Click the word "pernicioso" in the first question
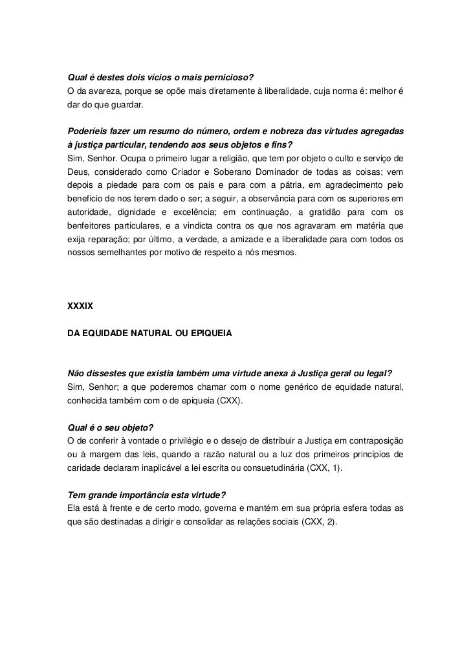point(231,78)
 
